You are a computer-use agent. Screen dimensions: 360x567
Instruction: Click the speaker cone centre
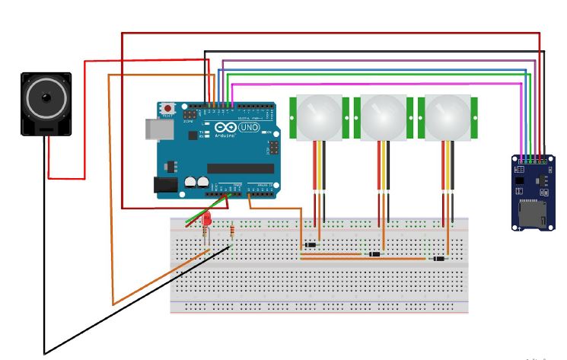pyautogui.click(x=45, y=99)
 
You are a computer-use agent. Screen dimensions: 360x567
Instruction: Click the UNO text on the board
pyautogui.click(x=249, y=128)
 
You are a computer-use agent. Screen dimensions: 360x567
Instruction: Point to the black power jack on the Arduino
pyautogui.click(x=164, y=184)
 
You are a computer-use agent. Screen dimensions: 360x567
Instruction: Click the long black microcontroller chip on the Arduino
pyautogui.click(x=235, y=167)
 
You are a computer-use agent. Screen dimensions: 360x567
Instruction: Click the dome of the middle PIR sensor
pyautogui.click(x=382, y=117)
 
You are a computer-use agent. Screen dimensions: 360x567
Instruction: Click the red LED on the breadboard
pyautogui.click(x=205, y=220)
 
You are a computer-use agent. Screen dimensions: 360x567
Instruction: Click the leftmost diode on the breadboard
pyautogui.click(x=310, y=244)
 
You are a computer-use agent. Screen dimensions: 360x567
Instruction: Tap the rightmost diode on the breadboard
pyautogui.click(x=439, y=260)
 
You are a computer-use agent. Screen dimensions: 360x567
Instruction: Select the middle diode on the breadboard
pyautogui.click(x=374, y=253)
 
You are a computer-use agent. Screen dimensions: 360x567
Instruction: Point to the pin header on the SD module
pyautogui.click(x=530, y=161)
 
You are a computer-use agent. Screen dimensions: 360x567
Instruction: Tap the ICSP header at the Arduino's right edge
pyautogui.click(x=272, y=146)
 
